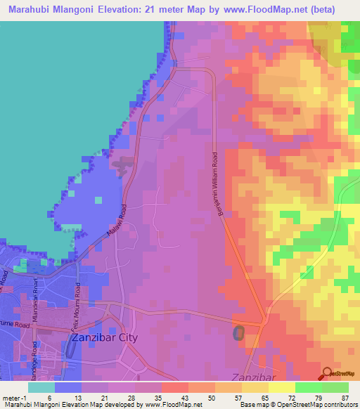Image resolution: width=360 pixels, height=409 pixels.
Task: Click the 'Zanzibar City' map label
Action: point(105,337)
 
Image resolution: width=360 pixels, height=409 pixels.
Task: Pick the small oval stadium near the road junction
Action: point(239,332)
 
